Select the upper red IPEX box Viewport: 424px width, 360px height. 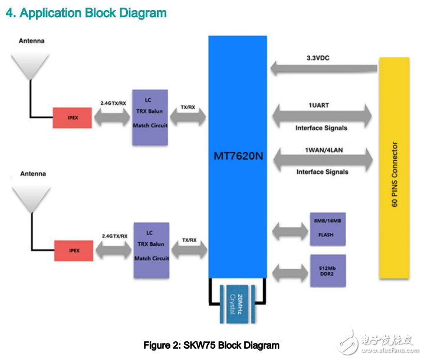tap(72, 118)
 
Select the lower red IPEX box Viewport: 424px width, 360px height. tap(74, 251)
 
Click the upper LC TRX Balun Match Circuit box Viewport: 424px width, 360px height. tap(150, 117)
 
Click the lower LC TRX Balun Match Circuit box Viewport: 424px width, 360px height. tap(152, 250)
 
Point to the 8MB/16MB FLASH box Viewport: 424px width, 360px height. tap(328, 229)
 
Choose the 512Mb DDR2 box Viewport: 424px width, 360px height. tap(328, 270)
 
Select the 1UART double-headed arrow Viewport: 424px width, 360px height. tap(321, 114)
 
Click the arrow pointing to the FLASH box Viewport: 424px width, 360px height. tap(288, 229)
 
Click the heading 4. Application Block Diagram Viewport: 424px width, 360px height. tap(86, 12)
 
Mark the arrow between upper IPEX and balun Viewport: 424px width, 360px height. tap(113, 117)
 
